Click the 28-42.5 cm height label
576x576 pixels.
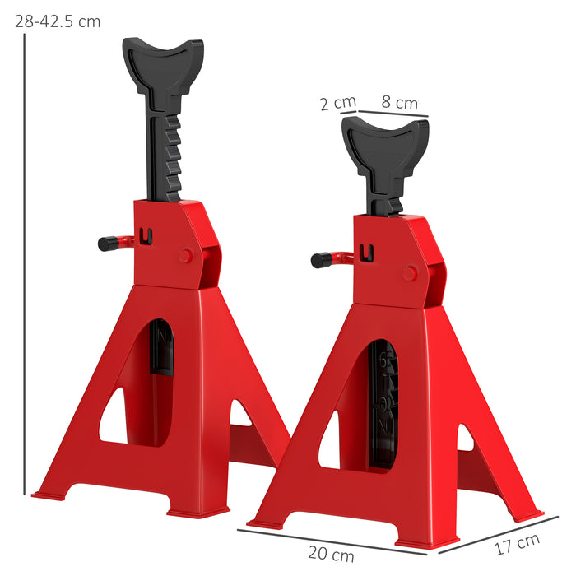pyautogui.click(x=58, y=21)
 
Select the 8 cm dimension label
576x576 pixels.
pyautogui.click(x=399, y=103)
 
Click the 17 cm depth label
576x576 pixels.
pyautogui.click(x=518, y=544)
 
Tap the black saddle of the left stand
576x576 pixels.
pyautogui.click(x=162, y=59)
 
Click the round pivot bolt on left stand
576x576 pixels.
pyautogui.click(x=186, y=256)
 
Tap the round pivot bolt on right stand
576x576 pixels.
pyautogui.click(x=410, y=273)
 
